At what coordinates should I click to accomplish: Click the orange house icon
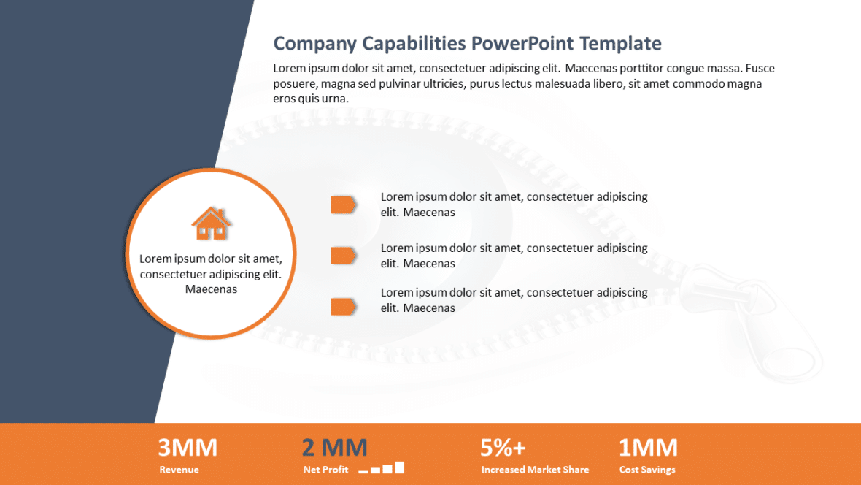211,224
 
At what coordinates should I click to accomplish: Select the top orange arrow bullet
343,205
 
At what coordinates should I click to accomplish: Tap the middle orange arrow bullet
343,256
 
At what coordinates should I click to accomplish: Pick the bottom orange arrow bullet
343,307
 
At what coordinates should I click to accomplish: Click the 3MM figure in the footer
188,447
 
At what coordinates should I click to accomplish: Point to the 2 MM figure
334,447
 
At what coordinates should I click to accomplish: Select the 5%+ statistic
503,447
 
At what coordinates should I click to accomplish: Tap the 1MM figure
648,447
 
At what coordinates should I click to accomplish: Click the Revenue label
179,470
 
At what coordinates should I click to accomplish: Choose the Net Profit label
325,470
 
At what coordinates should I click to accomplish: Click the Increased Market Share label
535,470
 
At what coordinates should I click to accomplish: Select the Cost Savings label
647,470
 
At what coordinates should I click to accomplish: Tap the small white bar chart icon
382,468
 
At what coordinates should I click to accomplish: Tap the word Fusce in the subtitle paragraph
760,68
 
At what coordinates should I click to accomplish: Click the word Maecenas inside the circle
211,289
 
